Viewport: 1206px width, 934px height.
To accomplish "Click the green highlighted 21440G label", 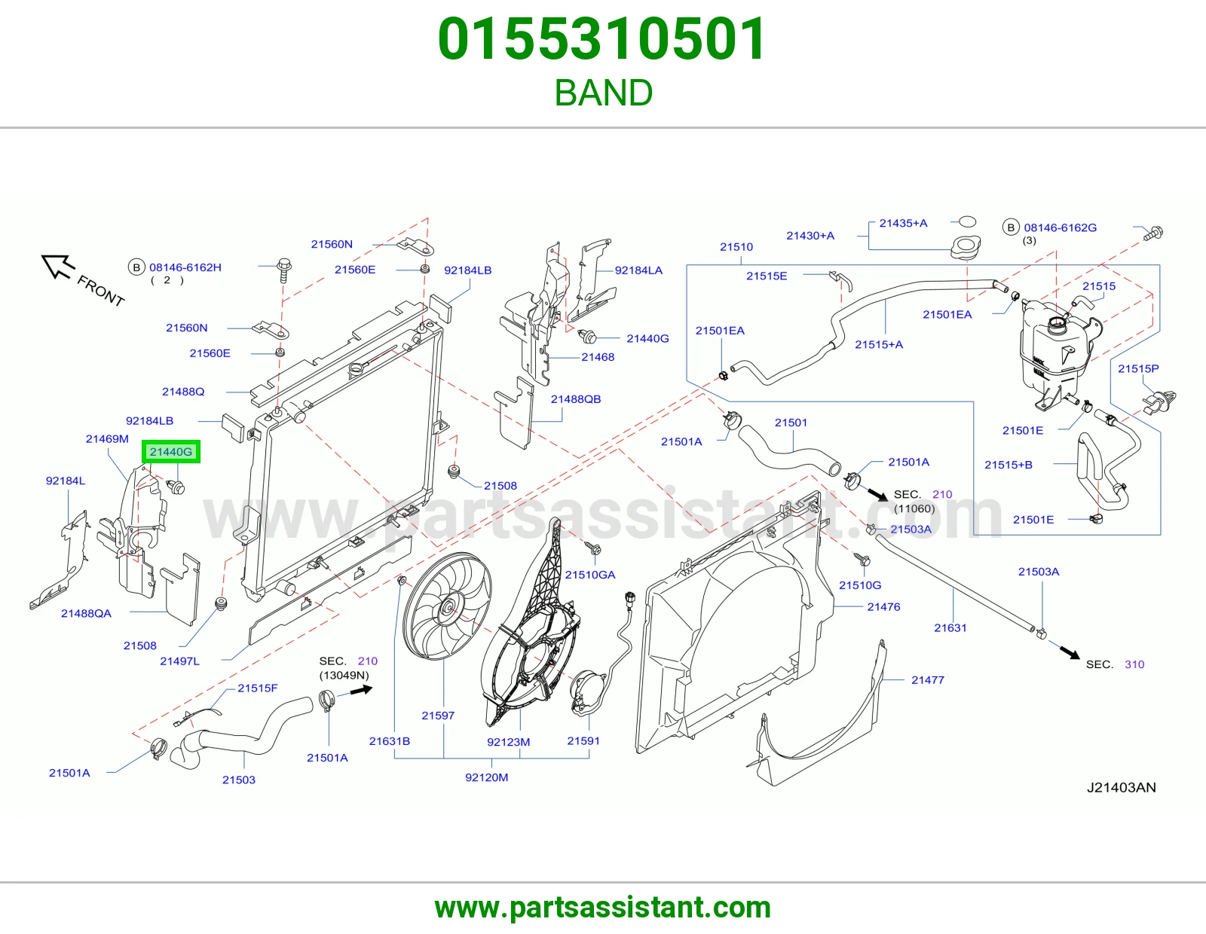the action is (x=171, y=452).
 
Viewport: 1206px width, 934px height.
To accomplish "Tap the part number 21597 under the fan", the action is (x=438, y=716).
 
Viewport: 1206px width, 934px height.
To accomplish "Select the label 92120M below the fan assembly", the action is (x=487, y=777).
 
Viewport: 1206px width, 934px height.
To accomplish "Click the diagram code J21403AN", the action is (x=1121, y=788).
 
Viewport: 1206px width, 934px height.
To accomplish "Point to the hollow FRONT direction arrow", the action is (x=56, y=266).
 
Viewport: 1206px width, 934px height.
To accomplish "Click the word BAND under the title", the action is (x=603, y=93).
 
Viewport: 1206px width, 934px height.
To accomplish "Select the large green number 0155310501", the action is (x=602, y=39).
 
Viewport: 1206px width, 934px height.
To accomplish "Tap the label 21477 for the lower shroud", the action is (x=927, y=680).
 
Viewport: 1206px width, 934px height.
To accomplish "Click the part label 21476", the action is (x=883, y=607).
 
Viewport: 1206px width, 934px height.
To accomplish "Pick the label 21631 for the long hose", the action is (x=950, y=628).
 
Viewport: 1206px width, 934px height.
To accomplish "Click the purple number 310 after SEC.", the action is (x=1134, y=664).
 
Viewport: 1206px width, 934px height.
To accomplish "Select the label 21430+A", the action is (x=810, y=236).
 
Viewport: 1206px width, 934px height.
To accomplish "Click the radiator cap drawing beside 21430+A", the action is (x=965, y=247).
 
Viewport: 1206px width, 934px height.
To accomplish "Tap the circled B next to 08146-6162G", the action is (x=1011, y=227).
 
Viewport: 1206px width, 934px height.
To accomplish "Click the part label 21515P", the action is (x=1138, y=368).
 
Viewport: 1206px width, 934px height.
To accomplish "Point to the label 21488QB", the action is (x=576, y=398).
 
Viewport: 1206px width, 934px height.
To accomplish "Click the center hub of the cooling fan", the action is (x=447, y=608).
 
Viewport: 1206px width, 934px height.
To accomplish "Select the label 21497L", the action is (x=179, y=661).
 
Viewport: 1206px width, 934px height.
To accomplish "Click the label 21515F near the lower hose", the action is (x=258, y=688).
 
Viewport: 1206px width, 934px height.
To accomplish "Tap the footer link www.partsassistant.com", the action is (x=603, y=908).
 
